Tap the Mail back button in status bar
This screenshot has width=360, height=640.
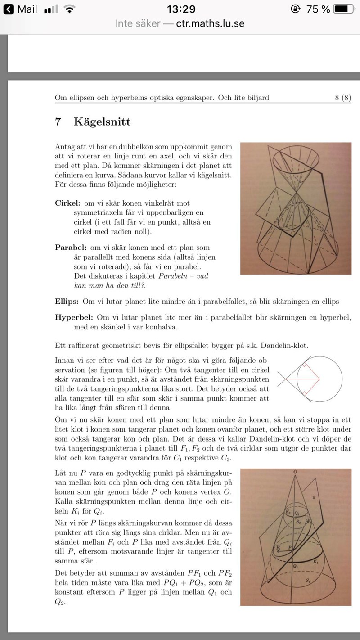coord(22,9)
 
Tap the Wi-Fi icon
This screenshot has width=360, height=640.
coord(69,9)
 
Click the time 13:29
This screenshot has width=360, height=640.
coord(181,9)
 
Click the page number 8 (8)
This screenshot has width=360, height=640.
coord(342,98)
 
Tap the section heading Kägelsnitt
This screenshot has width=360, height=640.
coord(102,122)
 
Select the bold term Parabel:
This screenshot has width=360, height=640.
coord(71,248)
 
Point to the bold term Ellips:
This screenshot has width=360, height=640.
coord(67,301)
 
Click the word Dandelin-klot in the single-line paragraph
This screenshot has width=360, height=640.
coord(283,346)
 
